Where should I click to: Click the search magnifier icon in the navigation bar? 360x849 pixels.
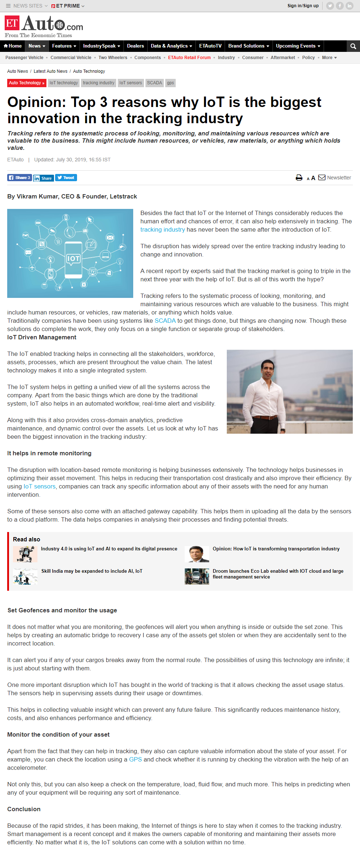click(353, 46)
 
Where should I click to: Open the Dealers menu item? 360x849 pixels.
click(135, 46)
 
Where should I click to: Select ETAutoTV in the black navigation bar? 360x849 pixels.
click(210, 46)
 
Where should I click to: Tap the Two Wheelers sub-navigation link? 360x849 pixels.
click(113, 58)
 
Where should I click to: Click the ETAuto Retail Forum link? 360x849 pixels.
click(189, 58)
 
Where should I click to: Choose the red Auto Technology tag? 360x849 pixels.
click(27, 83)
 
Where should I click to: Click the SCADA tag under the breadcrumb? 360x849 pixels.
click(154, 83)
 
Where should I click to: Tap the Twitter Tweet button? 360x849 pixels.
click(66, 178)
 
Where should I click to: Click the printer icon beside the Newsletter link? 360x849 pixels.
click(299, 178)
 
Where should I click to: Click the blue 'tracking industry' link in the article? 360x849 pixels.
click(162, 230)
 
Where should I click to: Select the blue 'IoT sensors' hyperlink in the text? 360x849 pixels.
click(40, 487)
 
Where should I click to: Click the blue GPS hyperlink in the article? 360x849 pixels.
click(135, 759)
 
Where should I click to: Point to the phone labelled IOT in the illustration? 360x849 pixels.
click(73, 259)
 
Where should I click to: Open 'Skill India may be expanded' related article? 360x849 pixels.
click(92, 571)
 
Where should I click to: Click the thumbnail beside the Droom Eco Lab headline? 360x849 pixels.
click(197, 576)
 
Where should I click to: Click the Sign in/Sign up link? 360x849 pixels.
click(303, 6)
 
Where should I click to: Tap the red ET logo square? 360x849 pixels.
click(12, 23)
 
